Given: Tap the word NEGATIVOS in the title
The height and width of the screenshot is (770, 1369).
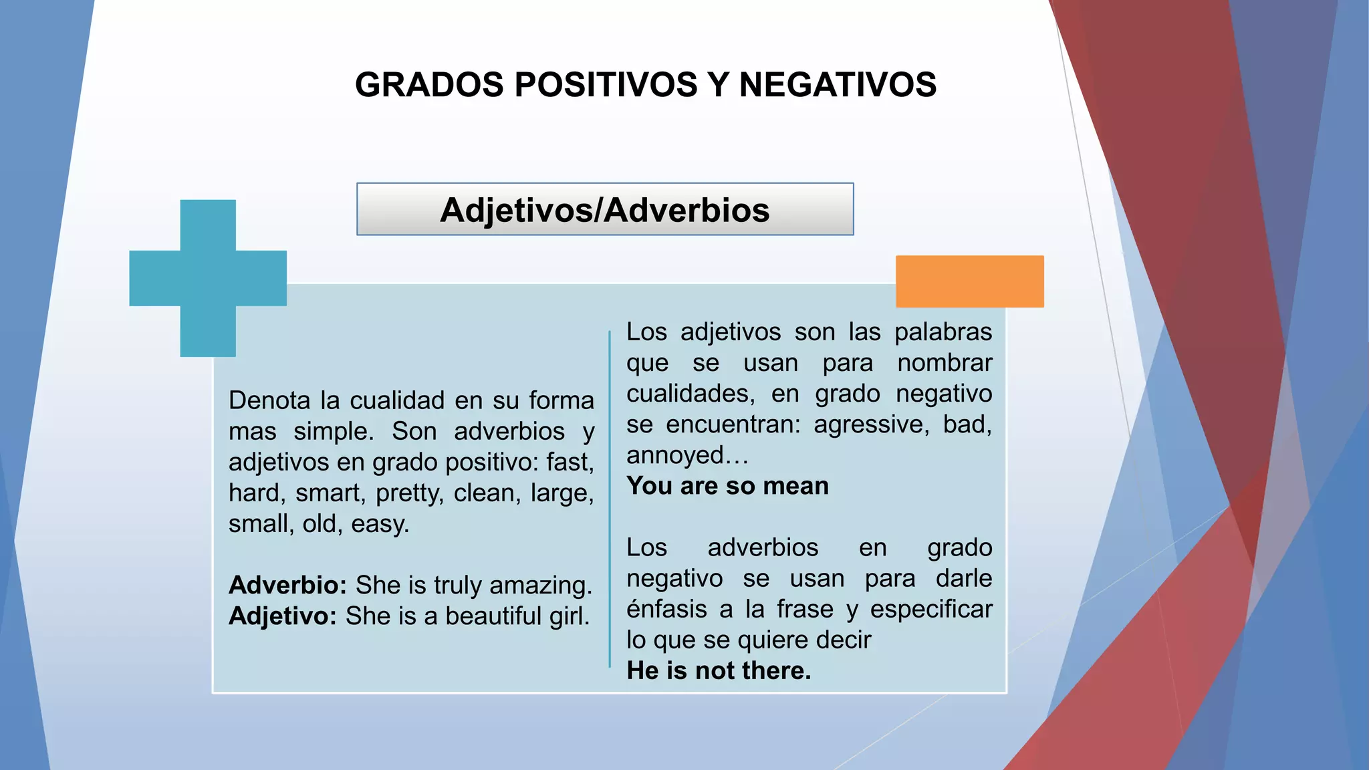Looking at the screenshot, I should [838, 85].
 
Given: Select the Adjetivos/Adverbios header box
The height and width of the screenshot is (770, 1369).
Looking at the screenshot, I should [605, 209].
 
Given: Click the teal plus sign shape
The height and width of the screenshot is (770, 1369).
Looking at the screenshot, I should [208, 278].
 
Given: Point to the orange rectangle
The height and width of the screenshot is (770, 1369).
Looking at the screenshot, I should [969, 281].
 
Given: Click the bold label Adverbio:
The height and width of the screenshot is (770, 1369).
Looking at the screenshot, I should [287, 585].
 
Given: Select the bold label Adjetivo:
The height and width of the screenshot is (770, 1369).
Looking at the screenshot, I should [282, 616].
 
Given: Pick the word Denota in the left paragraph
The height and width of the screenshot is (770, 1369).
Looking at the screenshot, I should [269, 400].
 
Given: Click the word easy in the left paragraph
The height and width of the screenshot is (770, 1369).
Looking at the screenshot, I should [380, 524].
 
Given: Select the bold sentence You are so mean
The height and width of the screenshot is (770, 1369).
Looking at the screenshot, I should [727, 486].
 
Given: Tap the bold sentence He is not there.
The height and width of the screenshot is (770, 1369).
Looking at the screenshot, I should [719, 670].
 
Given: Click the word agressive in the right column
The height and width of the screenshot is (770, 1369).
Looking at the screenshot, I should [870, 424].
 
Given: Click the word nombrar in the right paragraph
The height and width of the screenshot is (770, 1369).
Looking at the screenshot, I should [945, 363].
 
